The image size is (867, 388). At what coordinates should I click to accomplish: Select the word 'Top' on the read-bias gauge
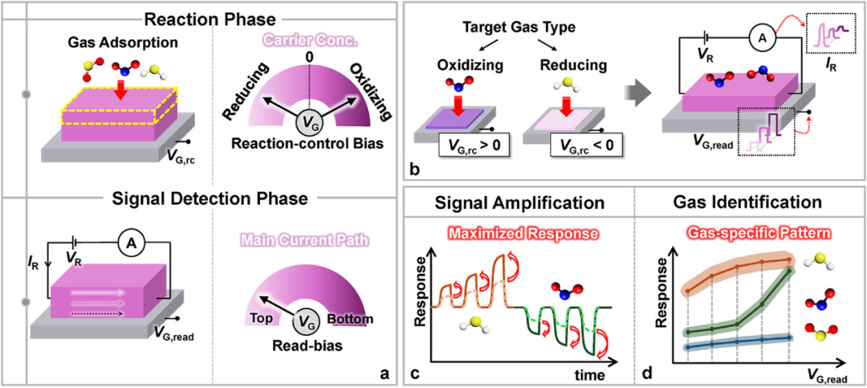[261, 320]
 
